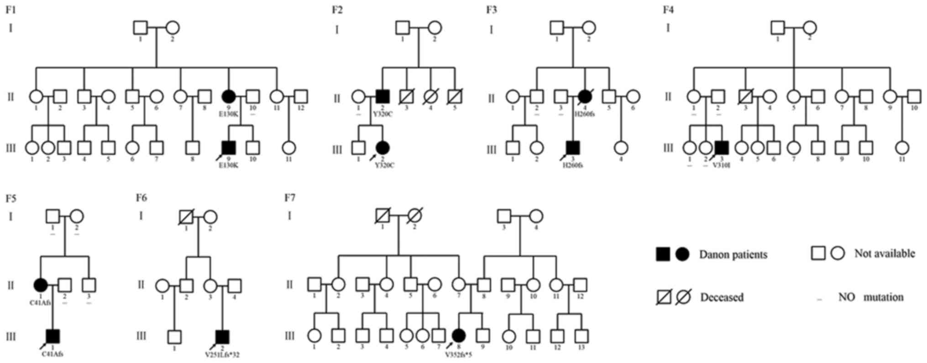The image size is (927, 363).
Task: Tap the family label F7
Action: pos(290,197)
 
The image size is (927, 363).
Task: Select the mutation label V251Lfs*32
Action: pos(222,354)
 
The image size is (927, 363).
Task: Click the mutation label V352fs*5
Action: pos(458,354)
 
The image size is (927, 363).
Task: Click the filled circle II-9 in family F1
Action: pos(228,96)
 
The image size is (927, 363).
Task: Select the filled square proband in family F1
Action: pos(228,147)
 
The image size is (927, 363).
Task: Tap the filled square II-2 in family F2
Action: pos(382,96)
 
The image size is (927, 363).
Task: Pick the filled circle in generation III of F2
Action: pos(382,147)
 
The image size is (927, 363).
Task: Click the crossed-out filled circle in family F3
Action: pos(585,96)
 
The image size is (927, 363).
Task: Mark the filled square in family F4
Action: pos(721,147)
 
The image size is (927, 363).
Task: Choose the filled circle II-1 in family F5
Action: pos(41,285)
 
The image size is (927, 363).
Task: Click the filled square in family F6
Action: pos(222,337)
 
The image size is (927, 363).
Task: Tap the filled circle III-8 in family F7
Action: pos(459,336)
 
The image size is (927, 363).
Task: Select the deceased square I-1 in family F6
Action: pos(186,216)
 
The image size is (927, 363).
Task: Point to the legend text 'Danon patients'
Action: pos(733,254)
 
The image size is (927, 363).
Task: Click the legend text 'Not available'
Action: pos(885,254)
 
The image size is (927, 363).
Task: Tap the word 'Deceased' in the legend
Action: pos(722,297)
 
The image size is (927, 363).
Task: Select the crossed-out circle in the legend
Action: pos(683,297)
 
